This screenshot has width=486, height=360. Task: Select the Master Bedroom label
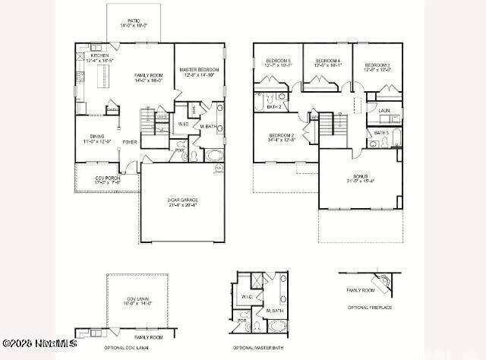click(200, 70)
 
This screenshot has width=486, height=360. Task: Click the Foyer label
click(130, 141)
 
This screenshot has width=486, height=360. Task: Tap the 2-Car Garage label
click(182, 201)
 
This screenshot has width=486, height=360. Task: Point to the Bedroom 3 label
click(377, 66)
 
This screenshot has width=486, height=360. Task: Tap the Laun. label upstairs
click(384, 110)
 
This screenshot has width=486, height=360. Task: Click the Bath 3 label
click(381, 133)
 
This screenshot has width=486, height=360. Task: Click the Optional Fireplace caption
click(370, 307)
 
